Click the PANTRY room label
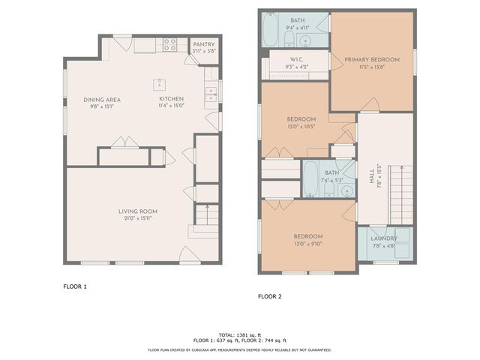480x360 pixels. pos(203,44)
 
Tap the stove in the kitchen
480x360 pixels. pos(169,45)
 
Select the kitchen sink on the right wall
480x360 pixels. pos(210,93)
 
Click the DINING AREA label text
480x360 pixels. pos(102,100)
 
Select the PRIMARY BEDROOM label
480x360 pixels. pos(372,59)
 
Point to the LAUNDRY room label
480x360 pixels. pos(384,238)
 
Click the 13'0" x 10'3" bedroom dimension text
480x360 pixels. pos(301,126)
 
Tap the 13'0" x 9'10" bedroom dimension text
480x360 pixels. pos(307,244)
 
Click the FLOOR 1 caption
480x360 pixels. pos(75,286)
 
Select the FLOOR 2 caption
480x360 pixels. pos(269,296)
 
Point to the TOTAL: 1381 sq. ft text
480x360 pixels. pos(239,334)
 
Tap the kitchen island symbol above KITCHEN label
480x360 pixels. pos(159,83)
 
